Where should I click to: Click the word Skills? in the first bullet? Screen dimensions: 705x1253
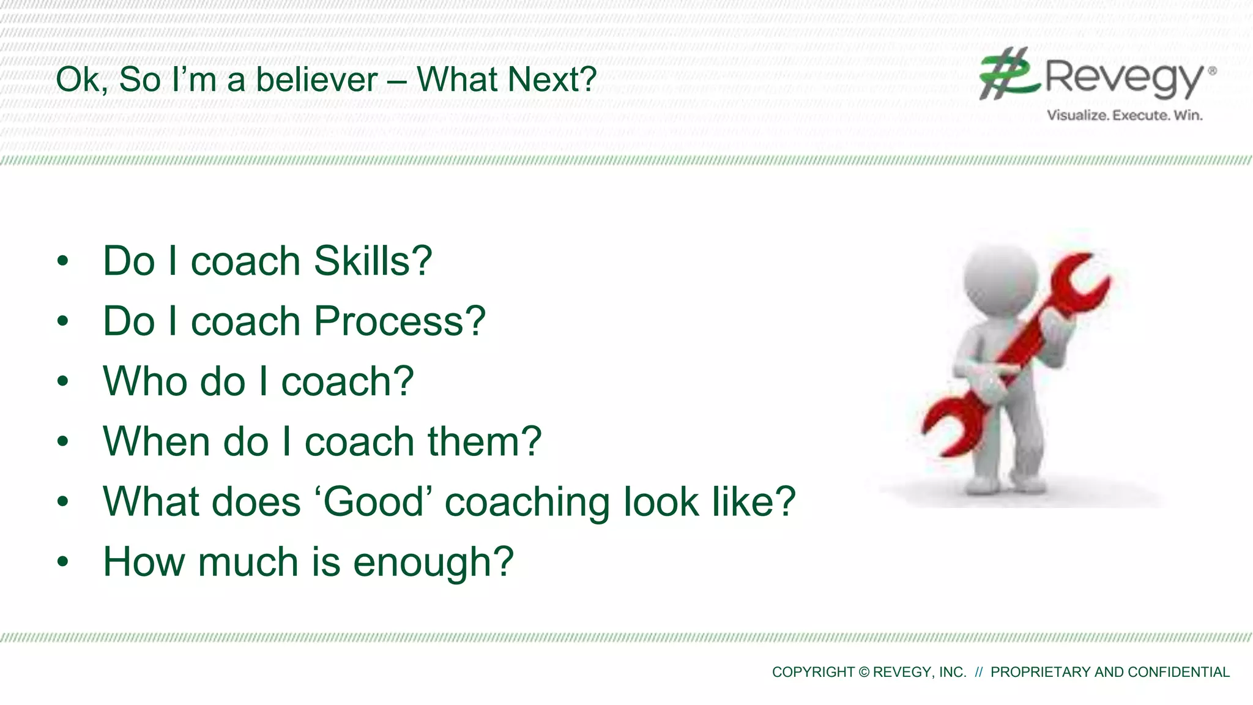[x=373, y=261]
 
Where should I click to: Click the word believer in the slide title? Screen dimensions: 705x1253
[x=317, y=80]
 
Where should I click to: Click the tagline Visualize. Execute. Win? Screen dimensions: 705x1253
[x=1125, y=115]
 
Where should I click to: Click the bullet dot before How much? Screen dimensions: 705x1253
[x=62, y=562]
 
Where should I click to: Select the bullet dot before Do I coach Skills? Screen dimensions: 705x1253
[x=62, y=261]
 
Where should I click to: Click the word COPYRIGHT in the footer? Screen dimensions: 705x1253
[x=813, y=672]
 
